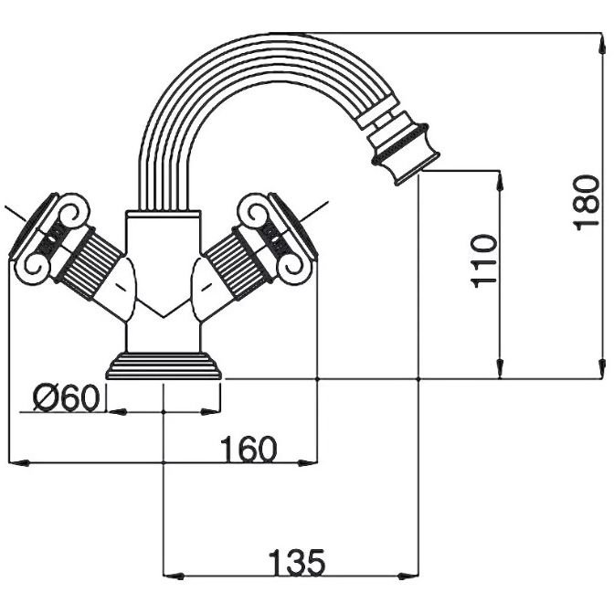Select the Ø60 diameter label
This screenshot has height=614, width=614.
[x=66, y=398]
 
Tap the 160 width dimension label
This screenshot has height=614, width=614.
[x=248, y=450]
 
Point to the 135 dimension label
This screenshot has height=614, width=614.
[x=295, y=562]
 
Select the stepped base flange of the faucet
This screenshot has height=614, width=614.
[x=164, y=367]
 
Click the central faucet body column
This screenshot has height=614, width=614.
[x=164, y=274]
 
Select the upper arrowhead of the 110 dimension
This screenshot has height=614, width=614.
[x=501, y=178]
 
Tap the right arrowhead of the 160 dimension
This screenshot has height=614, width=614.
[x=309, y=462]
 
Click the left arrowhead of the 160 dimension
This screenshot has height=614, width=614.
[x=16, y=462]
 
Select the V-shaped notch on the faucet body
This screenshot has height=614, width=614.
[x=164, y=312]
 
